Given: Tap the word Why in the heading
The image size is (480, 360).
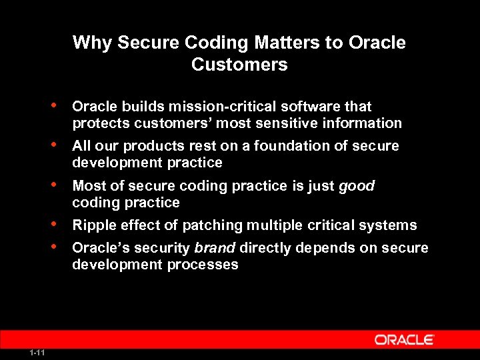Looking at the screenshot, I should (92, 43).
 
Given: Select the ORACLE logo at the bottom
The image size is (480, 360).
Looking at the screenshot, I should (404, 340).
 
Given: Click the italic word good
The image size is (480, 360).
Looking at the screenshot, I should (357, 186).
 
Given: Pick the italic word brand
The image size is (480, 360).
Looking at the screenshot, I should (215, 248).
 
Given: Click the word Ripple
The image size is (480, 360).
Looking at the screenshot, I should (93, 225).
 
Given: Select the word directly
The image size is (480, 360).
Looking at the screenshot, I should (265, 248).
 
